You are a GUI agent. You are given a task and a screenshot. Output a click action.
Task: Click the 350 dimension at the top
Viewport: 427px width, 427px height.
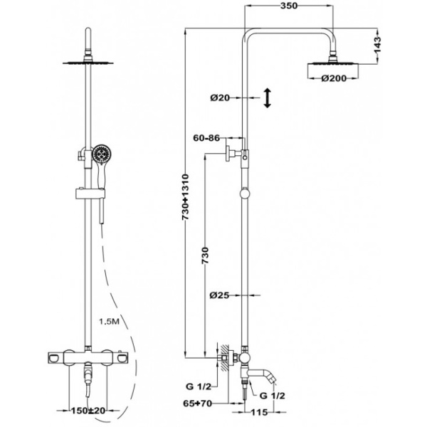click(x=288, y=6)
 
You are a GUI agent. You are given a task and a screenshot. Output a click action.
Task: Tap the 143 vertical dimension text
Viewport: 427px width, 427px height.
click(x=380, y=46)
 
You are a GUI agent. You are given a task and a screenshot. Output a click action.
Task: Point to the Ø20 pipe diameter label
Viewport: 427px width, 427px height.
click(x=221, y=98)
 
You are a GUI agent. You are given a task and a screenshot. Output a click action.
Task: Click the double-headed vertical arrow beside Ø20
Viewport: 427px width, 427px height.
click(x=267, y=98)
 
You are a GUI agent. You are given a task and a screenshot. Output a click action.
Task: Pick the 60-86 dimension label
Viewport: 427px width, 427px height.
click(x=205, y=139)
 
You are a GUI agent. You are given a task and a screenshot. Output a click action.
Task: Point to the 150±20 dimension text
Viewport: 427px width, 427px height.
click(x=89, y=411)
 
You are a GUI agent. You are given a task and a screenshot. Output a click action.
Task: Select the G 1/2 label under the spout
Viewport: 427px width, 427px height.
click(x=273, y=394)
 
